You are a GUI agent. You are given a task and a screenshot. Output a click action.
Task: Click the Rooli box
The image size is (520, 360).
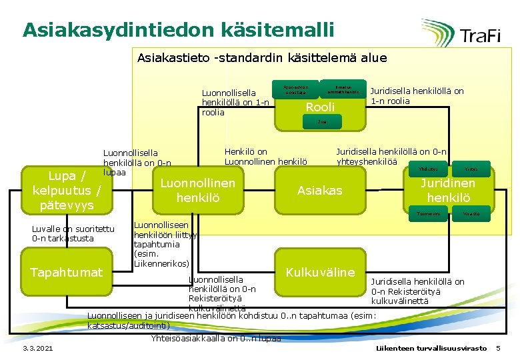coord(320,107)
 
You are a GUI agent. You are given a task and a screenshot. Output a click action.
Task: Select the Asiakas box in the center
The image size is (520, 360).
coord(319,191)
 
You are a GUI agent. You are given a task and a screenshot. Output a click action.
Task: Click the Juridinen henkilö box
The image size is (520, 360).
coord(448,190)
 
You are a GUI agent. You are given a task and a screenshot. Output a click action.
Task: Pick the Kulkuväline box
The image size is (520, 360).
coord(320,271)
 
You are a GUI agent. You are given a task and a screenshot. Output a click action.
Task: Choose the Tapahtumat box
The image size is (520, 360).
coord(67,272)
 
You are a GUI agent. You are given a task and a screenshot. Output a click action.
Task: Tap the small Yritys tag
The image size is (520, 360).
coord(471,169)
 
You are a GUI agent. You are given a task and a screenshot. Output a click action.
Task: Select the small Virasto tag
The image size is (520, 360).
coord(471,214)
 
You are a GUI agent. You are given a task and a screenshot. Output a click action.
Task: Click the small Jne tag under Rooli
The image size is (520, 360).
coord(321,122)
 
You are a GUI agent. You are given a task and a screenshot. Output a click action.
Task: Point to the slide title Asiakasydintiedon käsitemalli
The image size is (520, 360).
coord(177,30)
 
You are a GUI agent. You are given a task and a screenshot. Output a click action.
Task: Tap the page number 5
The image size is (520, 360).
coord(497,349)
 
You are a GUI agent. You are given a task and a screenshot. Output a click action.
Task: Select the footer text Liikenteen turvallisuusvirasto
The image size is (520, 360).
coord(431,349)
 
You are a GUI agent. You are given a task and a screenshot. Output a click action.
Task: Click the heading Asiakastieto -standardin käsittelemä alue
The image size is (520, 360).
coord(261,58)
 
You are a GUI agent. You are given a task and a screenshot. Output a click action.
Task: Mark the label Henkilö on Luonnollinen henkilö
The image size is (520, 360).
coord(266,156)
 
